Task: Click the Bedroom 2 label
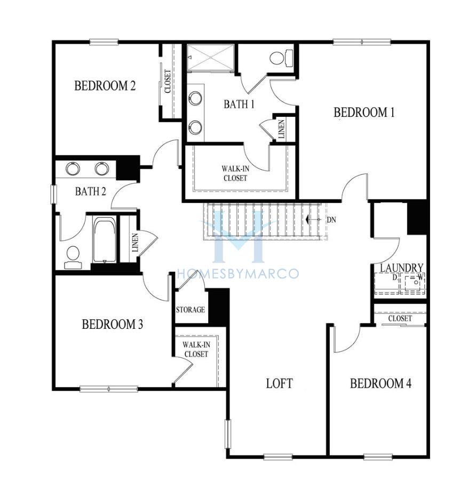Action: pyautogui.click(x=105, y=85)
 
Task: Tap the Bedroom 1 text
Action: pyautogui.click(x=364, y=112)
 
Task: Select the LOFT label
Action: pyautogui.click(x=279, y=384)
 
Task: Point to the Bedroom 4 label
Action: pyautogui.click(x=380, y=383)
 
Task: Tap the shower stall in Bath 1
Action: pyautogui.click(x=210, y=58)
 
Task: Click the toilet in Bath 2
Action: pyautogui.click(x=73, y=257)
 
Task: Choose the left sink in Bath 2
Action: pyautogui.click(x=73, y=169)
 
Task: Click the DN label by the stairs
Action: pyautogui.click(x=331, y=220)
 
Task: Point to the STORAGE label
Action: pyautogui.click(x=191, y=310)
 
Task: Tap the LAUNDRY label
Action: pyautogui.click(x=401, y=267)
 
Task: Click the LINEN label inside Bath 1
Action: pyautogui.click(x=281, y=129)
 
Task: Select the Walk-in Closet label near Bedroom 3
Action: pyautogui.click(x=196, y=349)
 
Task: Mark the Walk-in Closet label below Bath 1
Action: pyautogui.click(x=235, y=173)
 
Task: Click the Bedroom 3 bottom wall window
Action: pyautogui.click(x=109, y=389)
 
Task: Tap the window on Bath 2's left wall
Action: pyautogui.click(x=53, y=194)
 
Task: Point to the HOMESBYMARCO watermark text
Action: pyautogui.click(x=238, y=274)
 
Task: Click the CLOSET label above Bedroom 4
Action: pyautogui.click(x=400, y=318)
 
